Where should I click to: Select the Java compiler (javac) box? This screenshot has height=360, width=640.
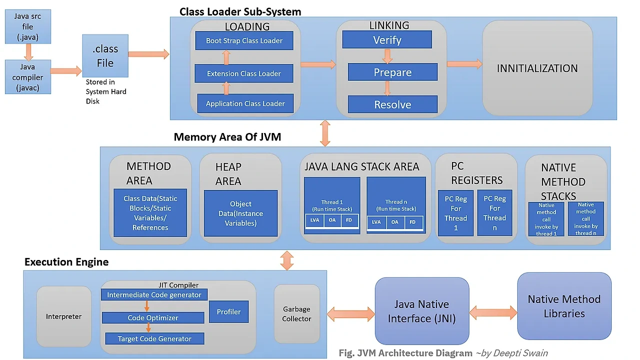pyautogui.click(x=27, y=77)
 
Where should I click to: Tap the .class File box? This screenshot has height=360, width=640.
pyautogui.click(x=105, y=56)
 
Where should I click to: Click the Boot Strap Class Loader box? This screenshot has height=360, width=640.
pyautogui.click(x=244, y=40)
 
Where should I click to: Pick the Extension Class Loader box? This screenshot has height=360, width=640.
pyautogui.click(x=244, y=73)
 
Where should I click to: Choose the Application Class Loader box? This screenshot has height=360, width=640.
pyautogui.click(x=245, y=103)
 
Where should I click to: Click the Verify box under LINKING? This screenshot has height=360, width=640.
pyautogui.click(x=387, y=39)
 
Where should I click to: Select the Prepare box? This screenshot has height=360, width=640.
pyautogui.click(x=392, y=72)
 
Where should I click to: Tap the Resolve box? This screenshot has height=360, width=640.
pyautogui.click(x=392, y=104)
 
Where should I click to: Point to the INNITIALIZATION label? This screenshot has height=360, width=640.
pyautogui.click(x=537, y=68)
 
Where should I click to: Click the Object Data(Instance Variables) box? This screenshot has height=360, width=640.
pyautogui.click(x=240, y=213)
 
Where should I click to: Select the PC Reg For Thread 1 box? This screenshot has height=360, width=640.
pyautogui.click(x=455, y=213)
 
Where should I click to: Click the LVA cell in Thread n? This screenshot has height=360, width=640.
pyautogui.click(x=376, y=222)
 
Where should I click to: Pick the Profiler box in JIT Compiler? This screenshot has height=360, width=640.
pyautogui.click(x=228, y=311)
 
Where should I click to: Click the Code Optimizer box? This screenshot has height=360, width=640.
pyautogui.click(x=153, y=317)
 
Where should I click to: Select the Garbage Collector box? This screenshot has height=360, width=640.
pyautogui.click(x=296, y=314)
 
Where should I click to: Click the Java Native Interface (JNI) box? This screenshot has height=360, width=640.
pyautogui.click(x=422, y=311)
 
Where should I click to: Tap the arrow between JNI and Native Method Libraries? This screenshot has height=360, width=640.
pyautogui.click(x=493, y=313)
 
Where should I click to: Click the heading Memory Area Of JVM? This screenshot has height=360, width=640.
pyautogui.click(x=227, y=137)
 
